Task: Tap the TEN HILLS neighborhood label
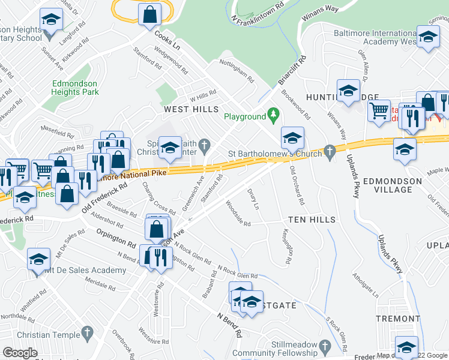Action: point(311,220)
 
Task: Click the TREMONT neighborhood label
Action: point(397,319)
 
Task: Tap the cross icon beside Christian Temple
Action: point(88,332)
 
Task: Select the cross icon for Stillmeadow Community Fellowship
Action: point(324,346)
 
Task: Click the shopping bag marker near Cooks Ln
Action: point(149,15)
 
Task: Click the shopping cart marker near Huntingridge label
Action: point(379,111)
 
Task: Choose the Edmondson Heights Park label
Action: point(75,88)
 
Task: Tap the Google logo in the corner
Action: point(20,353)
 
